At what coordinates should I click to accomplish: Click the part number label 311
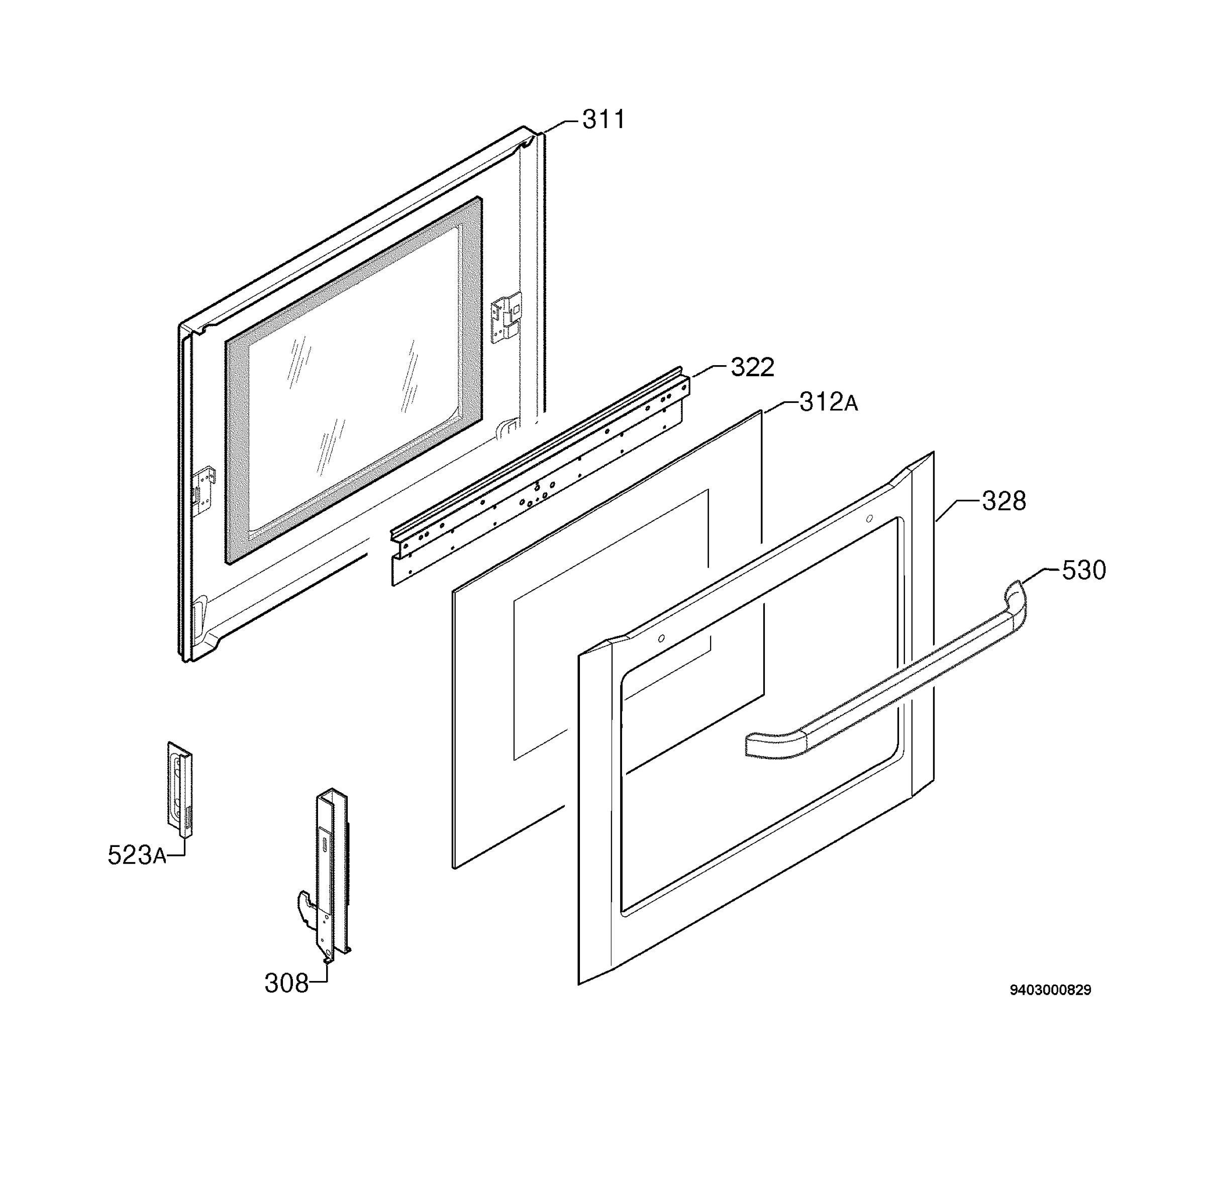click(602, 119)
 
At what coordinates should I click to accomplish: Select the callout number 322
click(752, 368)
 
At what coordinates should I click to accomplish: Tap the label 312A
click(828, 403)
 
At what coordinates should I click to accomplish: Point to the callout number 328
click(1003, 501)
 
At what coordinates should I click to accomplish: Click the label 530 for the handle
click(1084, 570)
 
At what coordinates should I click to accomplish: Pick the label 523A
click(137, 855)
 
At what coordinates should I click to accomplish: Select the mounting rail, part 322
click(540, 477)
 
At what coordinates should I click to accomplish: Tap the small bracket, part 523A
click(179, 789)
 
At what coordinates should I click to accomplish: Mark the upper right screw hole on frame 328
click(869, 518)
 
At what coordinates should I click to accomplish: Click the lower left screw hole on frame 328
click(661, 638)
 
